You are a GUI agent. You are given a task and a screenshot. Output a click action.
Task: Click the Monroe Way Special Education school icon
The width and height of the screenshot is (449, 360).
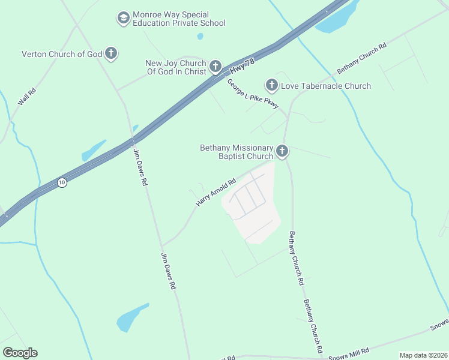point(124,18)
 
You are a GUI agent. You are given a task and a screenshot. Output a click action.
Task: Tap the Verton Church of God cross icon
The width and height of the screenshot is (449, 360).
point(111,54)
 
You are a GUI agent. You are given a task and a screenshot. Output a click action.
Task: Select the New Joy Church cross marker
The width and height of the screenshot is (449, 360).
point(215,67)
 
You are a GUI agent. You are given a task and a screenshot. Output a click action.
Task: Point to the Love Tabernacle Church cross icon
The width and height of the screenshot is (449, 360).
point(272,86)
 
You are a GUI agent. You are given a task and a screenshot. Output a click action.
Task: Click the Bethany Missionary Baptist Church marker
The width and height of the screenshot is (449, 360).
point(282,151)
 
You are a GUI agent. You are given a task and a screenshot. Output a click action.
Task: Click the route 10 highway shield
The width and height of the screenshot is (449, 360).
point(62,182)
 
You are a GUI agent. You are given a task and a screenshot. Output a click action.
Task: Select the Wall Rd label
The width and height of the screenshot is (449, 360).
point(27,97)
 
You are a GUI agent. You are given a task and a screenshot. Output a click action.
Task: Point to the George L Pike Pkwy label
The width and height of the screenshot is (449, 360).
point(253,94)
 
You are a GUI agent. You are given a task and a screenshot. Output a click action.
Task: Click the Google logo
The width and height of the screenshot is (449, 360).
point(20,353)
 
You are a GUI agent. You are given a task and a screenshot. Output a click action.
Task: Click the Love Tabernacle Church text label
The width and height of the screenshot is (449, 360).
point(327,86)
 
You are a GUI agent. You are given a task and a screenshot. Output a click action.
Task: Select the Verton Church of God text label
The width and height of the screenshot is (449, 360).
point(62,54)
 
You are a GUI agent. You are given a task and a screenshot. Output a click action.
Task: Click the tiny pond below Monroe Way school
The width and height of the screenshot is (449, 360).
point(200,36)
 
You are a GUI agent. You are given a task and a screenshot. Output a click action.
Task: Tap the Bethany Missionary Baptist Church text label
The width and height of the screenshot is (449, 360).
point(237,152)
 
